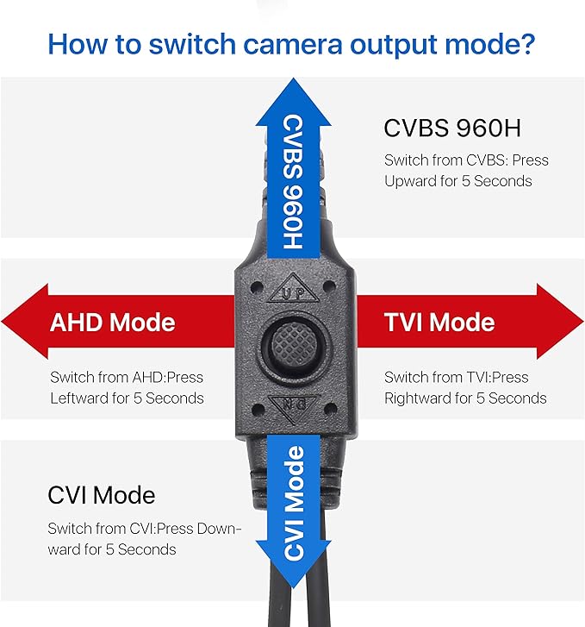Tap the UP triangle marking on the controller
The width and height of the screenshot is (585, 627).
[294, 290]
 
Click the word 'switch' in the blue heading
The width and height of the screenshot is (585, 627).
[192, 44]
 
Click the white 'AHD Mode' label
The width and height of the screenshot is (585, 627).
[113, 323]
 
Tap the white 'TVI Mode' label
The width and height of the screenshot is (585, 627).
[439, 323]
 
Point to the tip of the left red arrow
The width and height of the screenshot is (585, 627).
[2, 321]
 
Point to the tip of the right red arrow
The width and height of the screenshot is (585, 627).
[583, 321]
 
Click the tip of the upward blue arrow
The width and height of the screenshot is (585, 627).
[294, 78]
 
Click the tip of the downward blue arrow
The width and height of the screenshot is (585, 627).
[294, 588]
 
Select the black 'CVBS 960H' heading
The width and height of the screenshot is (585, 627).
[452, 128]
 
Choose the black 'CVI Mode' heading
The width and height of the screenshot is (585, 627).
[102, 495]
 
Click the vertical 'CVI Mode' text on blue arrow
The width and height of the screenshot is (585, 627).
[294, 502]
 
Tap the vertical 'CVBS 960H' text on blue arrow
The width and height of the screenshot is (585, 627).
[293, 182]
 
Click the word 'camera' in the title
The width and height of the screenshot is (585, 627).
[293, 44]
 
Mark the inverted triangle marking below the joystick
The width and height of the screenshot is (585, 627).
[294, 407]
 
